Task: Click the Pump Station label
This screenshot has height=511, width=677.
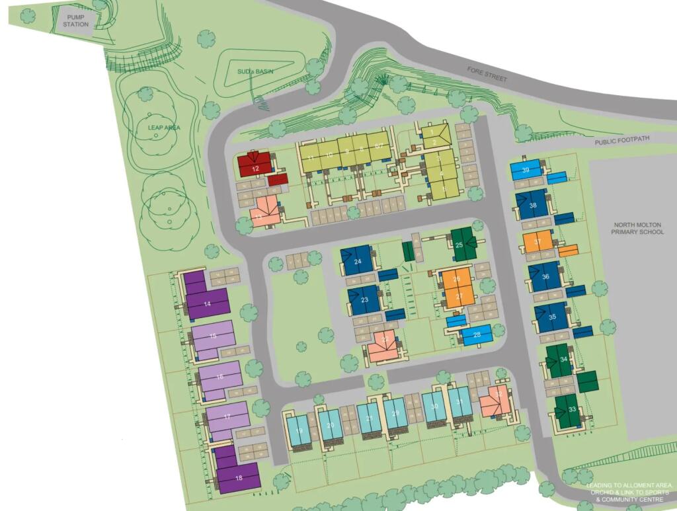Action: coord(75,20)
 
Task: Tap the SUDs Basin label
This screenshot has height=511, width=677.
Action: coord(255,71)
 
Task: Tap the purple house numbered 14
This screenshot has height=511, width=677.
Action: coord(207,303)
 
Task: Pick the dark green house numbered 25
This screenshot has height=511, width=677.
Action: coord(463,244)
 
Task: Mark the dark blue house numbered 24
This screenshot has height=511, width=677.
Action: coord(358,260)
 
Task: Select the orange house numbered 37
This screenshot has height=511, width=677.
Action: coord(537,242)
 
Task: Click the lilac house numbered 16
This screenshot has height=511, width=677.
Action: coord(219,376)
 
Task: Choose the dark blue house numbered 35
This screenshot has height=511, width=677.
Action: coord(552,317)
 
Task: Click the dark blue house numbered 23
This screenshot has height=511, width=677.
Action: coord(364,299)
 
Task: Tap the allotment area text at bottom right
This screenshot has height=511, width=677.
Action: coord(629,492)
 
